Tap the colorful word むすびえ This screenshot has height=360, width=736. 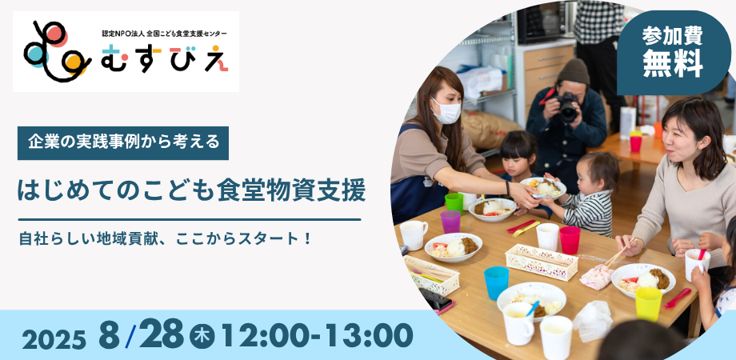(x=164, y=58)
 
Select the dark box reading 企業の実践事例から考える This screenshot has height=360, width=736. (x=123, y=142)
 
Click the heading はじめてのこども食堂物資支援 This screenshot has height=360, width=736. (x=191, y=190)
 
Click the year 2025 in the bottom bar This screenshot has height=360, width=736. (x=54, y=339)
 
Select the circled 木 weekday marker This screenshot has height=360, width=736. (x=202, y=337)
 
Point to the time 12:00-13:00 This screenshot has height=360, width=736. (x=317, y=336)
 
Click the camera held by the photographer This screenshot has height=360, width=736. (x=567, y=107)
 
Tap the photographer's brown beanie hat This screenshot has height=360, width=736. (x=573, y=72)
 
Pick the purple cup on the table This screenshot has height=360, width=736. (x=450, y=222)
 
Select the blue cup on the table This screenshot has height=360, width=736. (x=496, y=282)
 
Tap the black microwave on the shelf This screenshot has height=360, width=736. (x=546, y=22)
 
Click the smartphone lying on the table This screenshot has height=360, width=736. (x=435, y=299)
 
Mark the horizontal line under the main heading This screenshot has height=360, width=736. (x=190, y=219)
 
